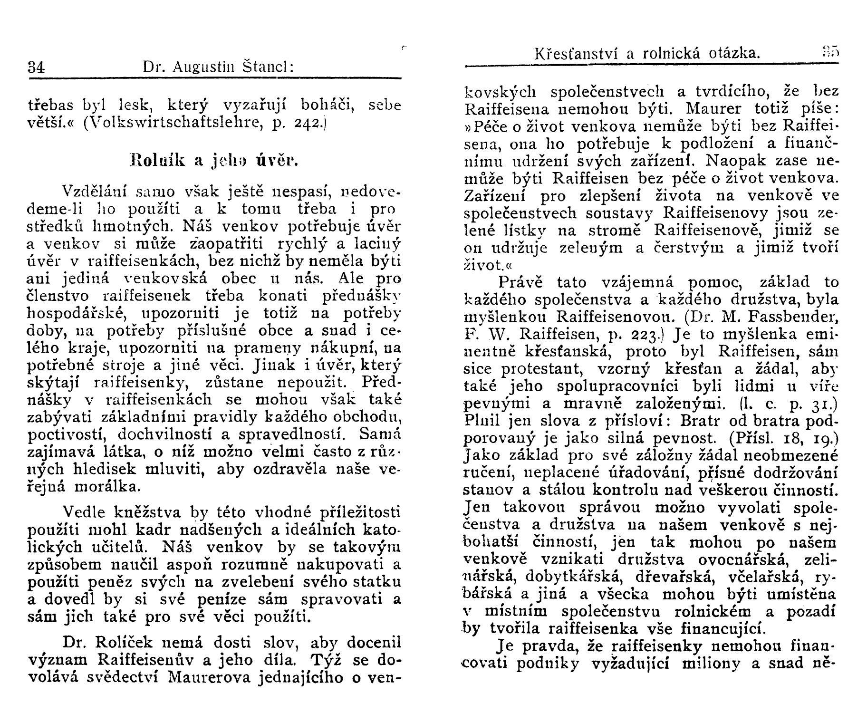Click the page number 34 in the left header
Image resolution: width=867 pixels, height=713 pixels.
click(x=36, y=67)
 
